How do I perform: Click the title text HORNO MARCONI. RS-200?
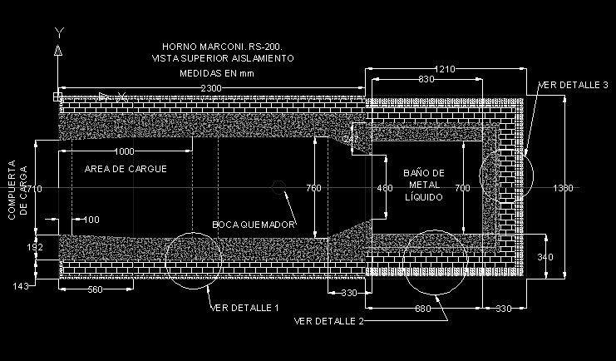223,47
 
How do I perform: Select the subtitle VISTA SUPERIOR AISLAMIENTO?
223,58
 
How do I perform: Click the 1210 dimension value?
443,69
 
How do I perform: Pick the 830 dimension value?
426,79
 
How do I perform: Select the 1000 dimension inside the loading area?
125,151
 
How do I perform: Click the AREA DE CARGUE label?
126,169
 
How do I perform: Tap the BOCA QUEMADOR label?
254,225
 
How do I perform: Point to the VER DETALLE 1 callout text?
244,308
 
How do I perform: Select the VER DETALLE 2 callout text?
328,320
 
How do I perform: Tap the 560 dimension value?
95,289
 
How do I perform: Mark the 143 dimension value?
21,287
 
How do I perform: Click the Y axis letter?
58,32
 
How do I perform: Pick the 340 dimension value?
545,257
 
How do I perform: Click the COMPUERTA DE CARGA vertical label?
17,190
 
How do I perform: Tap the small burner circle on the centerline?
280,189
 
